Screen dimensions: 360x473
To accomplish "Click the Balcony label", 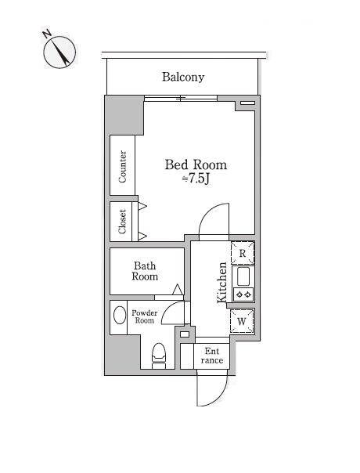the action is coord(183,77).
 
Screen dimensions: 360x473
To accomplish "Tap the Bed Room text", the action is coord(196,164).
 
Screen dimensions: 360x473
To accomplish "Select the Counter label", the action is coord(122,167).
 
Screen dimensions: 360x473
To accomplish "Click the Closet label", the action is coord(122,222).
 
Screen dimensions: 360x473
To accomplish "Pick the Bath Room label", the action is coord(145,271).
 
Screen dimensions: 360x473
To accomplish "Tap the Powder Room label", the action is coord(145,316).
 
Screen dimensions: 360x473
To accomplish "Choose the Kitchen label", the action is coord(222,283).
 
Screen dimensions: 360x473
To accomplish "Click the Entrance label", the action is coord(212,356).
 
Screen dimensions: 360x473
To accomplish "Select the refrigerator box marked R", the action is coord(243,253).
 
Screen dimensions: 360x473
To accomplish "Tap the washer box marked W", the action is coord(242,321).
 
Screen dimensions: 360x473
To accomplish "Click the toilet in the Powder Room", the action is coord(159,356).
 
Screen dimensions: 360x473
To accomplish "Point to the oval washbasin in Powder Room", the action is coord(120,316).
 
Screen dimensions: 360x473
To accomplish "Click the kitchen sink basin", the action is coord(243,276).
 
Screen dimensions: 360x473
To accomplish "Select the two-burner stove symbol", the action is coord(243,294).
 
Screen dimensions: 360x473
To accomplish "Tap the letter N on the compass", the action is coord(46,34).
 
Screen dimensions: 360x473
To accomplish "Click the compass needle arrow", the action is coord(62,52).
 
